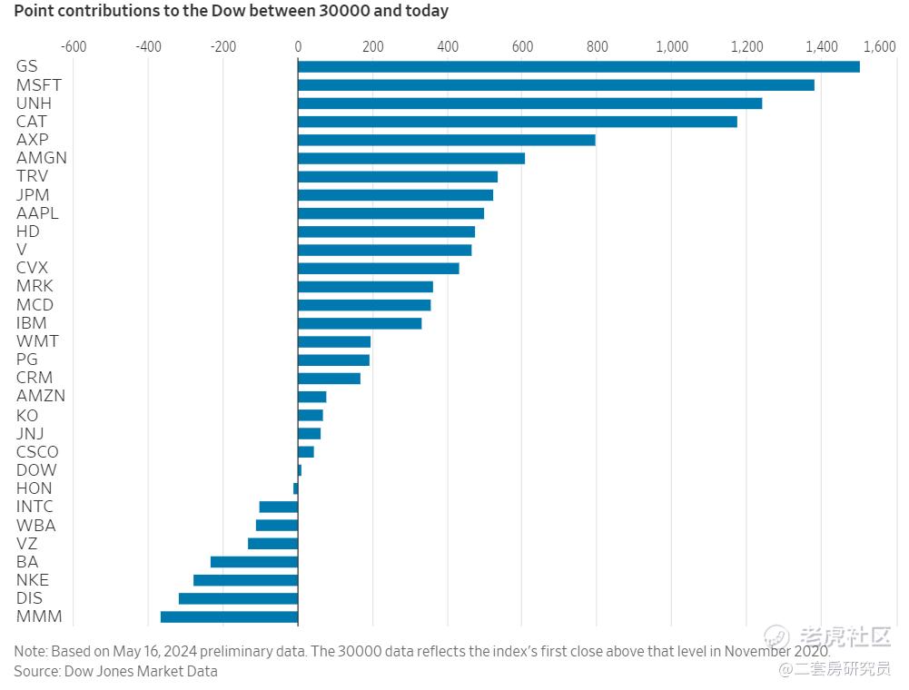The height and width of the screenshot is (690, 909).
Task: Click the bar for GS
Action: point(578,66)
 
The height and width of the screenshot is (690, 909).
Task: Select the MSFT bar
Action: point(556,84)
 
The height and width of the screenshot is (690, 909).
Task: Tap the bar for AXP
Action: point(446,140)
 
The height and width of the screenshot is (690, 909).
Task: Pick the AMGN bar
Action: point(410,158)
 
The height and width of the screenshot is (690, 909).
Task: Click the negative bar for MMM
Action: point(229,617)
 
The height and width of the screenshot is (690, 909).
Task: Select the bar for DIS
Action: point(238,598)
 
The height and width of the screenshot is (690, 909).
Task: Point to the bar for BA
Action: point(253,562)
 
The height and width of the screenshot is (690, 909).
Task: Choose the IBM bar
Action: point(360,323)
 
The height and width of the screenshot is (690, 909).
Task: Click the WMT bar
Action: point(334,341)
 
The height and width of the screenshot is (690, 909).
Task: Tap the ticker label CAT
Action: point(32,121)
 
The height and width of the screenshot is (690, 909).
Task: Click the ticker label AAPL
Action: point(37,212)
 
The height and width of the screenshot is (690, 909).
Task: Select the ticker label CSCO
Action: point(37,451)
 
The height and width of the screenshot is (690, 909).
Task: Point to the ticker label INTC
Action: point(35,507)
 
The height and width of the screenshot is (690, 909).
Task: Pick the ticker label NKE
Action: point(33,580)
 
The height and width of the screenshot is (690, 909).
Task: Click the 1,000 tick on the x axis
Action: point(671,46)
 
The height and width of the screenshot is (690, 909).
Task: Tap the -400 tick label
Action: point(148,46)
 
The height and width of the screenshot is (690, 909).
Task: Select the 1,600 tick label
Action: point(878,46)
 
